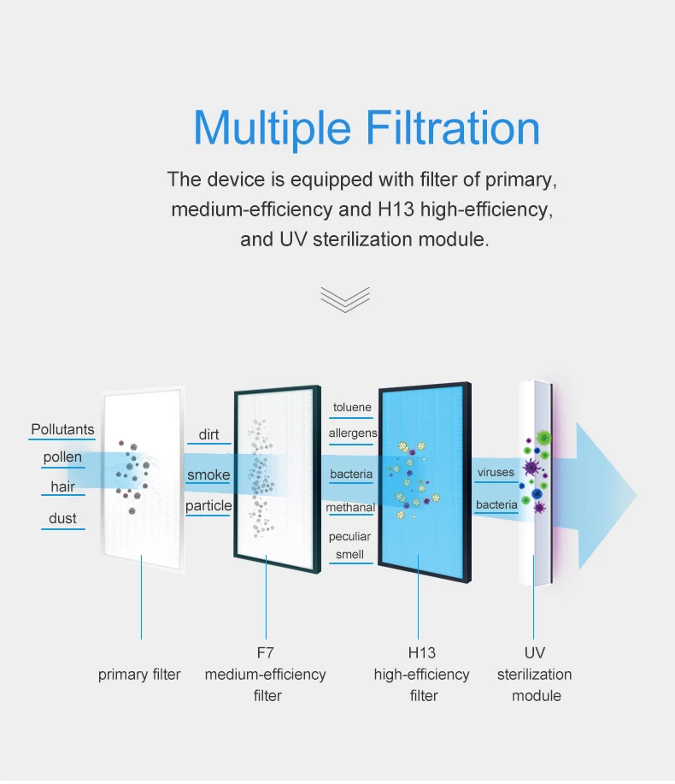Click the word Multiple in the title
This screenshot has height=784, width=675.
click(x=272, y=128)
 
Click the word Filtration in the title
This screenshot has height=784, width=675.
click(x=454, y=128)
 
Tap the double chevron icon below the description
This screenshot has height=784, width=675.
click(x=345, y=298)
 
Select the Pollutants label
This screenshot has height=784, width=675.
click(x=62, y=429)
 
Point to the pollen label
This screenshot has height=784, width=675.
click(x=62, y=457)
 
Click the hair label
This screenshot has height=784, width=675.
click(x=62, y=486)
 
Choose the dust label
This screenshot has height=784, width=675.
click(x=62, y=518)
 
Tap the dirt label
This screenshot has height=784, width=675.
click(x=208, y=434)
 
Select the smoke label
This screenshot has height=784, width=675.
click(x=208, y=475)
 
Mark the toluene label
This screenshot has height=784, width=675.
click(x=352, y=407)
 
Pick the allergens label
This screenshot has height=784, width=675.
click(x=352, y=433)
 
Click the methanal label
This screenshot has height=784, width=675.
click(x=350, y=508)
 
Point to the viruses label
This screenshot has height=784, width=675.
click(x=496, y=472)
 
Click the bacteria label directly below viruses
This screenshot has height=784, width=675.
click(x=496, y=504)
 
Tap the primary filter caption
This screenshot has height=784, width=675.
click(x=139, y=675)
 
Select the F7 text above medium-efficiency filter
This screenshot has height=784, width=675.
click(x=266, y=653)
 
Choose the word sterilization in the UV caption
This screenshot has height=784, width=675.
click(x=535, y=675)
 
